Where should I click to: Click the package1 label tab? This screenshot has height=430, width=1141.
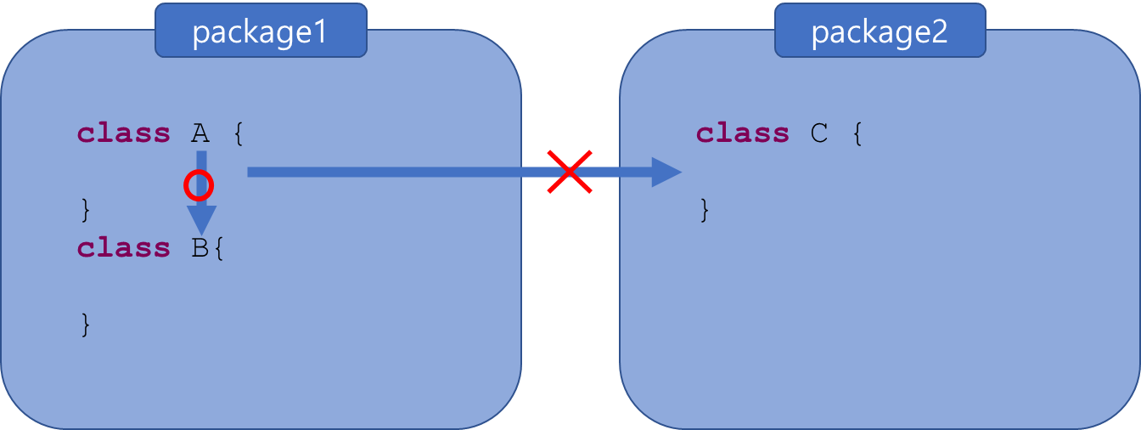click(x=260, y=31)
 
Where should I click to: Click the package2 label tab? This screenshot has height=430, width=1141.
click(x=880, y=31)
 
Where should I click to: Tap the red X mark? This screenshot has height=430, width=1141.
click(x=570, y=172)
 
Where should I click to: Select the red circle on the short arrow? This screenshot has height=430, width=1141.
click(x=199, y=184)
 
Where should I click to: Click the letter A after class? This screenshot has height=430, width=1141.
click(x=200, y=133)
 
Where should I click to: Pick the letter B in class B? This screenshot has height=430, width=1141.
click(x=200, y=248)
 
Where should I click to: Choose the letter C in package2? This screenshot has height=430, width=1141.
click(x=819, y=133)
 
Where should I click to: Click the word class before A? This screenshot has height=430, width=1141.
click(x=124, y=133)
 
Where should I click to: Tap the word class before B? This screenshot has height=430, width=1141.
click(x=124, y=248)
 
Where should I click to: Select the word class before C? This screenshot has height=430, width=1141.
click(x=743, y=133)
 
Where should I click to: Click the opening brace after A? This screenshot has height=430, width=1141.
click(x=239, y=133)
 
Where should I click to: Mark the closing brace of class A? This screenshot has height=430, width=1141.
click(x=85, y=209)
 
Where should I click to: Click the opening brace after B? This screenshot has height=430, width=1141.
click(x=219, y=248)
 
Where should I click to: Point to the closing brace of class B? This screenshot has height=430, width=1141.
click(x=85, y=324)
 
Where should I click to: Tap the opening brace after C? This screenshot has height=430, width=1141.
click(x=857, y=133)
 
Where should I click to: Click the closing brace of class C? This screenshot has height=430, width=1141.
click(x=704, y=209)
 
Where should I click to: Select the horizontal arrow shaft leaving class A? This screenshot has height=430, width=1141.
click(x=382, y=172)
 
